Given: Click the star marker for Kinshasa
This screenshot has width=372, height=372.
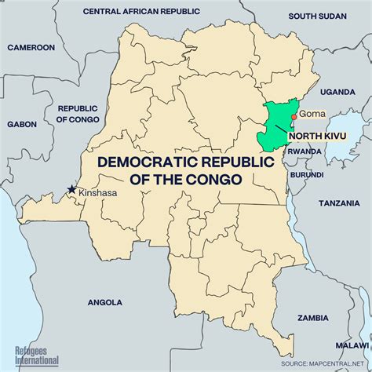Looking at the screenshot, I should click(x=72, y=189).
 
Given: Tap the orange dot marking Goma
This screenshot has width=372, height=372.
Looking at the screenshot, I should click(x=294, y=117).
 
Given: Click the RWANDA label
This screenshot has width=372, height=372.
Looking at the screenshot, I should click(x=305, y=152).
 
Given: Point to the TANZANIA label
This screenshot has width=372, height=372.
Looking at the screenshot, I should click(x=340, y=202).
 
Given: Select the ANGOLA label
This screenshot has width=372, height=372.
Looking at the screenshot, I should click(x=105, y=301).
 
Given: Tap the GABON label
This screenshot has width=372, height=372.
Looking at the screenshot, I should click(x=23, y=124).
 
